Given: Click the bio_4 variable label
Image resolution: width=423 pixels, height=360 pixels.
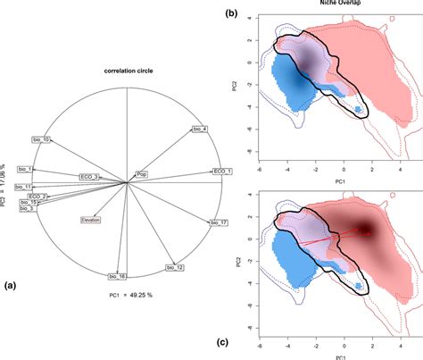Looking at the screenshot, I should [x=200, y=130].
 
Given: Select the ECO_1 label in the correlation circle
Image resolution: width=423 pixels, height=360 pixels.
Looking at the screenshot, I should [x=223, y=171].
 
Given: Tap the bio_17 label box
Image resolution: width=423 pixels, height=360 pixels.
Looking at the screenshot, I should [x=219, y=222].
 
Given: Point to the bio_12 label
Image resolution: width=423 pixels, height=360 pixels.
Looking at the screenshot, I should [x=175, y=266].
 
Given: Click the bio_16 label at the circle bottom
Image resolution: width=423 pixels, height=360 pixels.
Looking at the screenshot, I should [x=117, y=277].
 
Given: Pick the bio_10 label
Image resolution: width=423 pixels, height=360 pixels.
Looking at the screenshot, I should [x=41, y=139].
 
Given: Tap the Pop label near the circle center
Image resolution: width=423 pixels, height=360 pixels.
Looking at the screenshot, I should [x=142, y=174].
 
